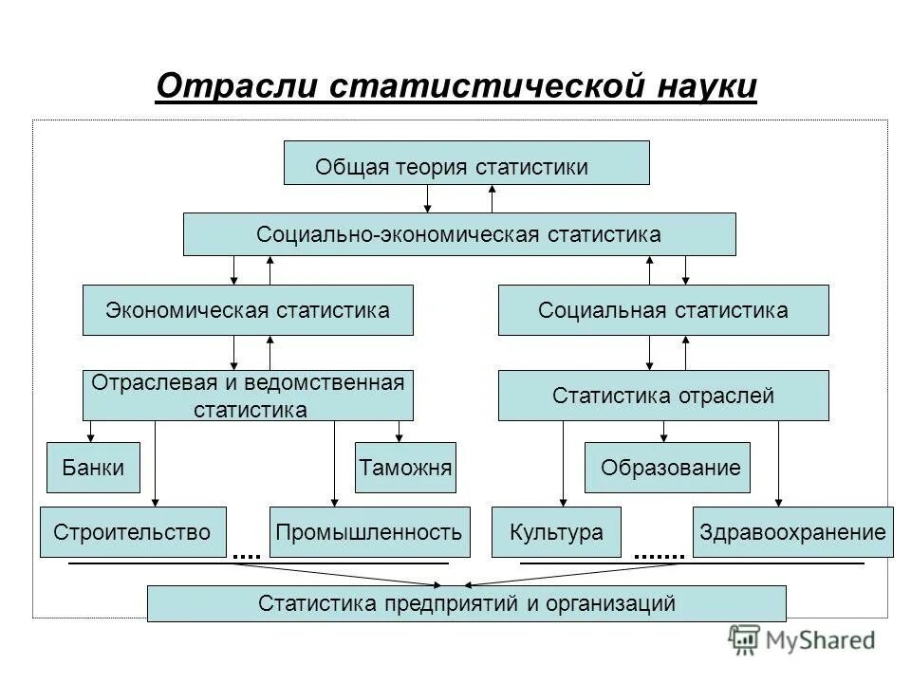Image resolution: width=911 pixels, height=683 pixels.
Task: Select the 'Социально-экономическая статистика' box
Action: point(459,234)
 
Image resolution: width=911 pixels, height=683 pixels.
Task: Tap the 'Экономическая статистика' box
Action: point(248,310)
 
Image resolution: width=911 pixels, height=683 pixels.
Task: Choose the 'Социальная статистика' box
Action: point(663,310)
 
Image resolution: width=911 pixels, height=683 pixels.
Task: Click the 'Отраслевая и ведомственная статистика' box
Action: point(248,396)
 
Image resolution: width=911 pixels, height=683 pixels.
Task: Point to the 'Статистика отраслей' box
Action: point(663,396)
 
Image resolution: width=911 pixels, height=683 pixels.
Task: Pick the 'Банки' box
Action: point(93,468)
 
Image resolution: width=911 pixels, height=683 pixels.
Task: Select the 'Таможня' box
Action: point(405,468)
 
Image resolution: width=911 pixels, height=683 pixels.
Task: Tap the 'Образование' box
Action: point(667,468)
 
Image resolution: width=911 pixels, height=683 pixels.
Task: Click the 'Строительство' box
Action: point(133,532)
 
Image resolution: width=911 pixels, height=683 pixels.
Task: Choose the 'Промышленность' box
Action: point(370,532)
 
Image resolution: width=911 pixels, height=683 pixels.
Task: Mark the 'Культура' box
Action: point(556,532)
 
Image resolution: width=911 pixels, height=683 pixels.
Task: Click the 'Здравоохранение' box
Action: point(794,532)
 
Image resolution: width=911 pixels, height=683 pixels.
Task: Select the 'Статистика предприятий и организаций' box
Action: point(467,603)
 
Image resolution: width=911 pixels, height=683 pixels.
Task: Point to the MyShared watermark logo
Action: point(802,639)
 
